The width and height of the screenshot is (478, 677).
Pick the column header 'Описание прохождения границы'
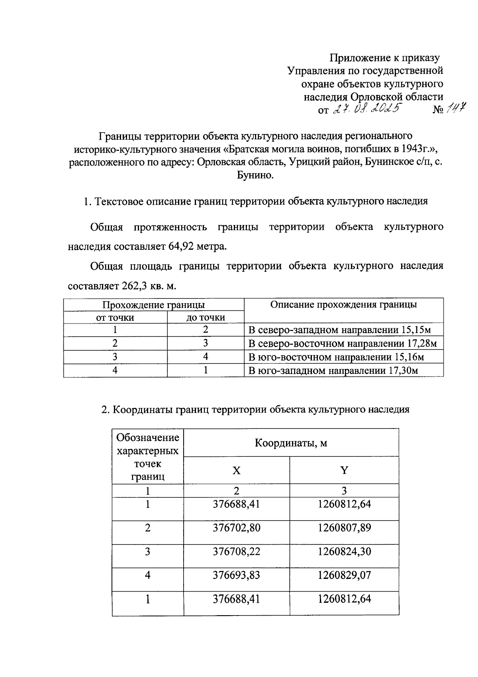pyautogui.click(x=343, y=305)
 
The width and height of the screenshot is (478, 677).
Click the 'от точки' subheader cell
pyautogui.click(x=115, y=318)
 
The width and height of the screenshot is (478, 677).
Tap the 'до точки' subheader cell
pyautogui.click(x=206, y=318)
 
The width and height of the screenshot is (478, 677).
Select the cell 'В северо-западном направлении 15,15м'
pyautogui.click(x=339, y=330)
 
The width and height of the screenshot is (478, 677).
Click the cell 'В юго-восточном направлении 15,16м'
pyautogui.click(x=336, y=357)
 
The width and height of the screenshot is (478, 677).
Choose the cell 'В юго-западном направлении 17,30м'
pyautogui.click(x=333, y=371)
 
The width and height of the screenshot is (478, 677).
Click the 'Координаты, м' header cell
pyautogui.click(x=291, y=443)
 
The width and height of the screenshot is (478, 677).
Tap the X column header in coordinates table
pyautogui.click(x=237, y=471)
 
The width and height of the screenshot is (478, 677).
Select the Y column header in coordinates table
pyautogui.click(x=344, y=471)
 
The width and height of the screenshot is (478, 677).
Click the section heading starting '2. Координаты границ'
pyautogui.click(x=255, y=410)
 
